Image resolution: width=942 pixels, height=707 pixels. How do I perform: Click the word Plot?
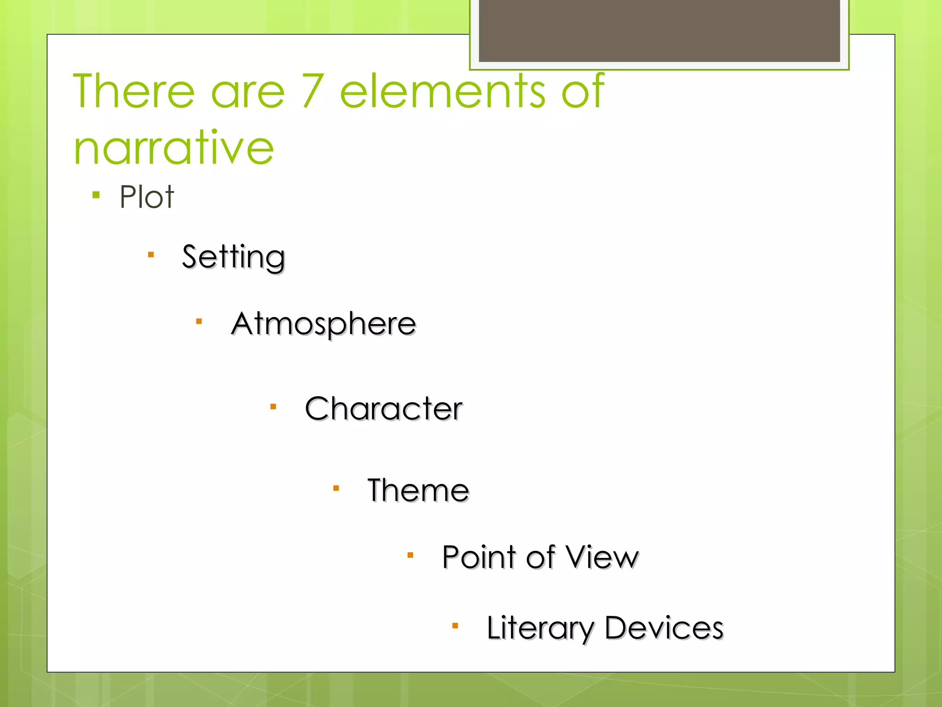point(147,197)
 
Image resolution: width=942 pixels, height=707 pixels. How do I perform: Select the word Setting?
point(233,257)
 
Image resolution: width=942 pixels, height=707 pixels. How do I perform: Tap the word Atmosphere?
point(324,324)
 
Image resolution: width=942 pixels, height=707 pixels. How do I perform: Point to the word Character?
point(384,408)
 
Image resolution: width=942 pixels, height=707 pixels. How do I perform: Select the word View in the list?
point(602,557)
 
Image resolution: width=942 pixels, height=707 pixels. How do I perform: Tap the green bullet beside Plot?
point(96,195)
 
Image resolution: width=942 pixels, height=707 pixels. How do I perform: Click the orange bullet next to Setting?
point(150,255)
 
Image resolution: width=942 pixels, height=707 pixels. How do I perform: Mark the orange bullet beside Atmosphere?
point(199,321)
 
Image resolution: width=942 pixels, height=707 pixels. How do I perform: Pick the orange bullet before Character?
point(273,406)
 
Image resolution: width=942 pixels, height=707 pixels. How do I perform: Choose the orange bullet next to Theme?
point(336,488)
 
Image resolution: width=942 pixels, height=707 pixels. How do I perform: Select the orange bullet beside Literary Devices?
point(455,626)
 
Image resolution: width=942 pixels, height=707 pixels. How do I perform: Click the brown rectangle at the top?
point(659,30)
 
